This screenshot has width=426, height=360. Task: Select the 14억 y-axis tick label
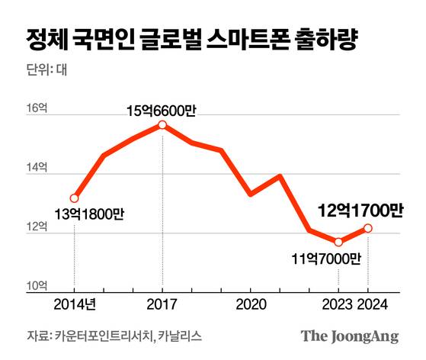[38, 168]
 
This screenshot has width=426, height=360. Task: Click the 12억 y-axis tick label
[38, 227]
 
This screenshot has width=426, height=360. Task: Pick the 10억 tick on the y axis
[38, 285]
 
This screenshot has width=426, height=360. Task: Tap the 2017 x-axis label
[162, 304]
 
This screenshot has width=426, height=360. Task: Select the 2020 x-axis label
[250, 304]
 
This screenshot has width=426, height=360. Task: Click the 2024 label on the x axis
[371, 304]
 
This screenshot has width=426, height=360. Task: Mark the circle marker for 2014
[74, 198]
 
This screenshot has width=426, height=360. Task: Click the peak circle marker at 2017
[162, 125]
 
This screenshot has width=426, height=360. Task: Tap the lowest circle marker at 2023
[338, 242]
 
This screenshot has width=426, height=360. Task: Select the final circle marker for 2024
[368, 228]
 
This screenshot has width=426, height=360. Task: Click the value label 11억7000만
[325, 259]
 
